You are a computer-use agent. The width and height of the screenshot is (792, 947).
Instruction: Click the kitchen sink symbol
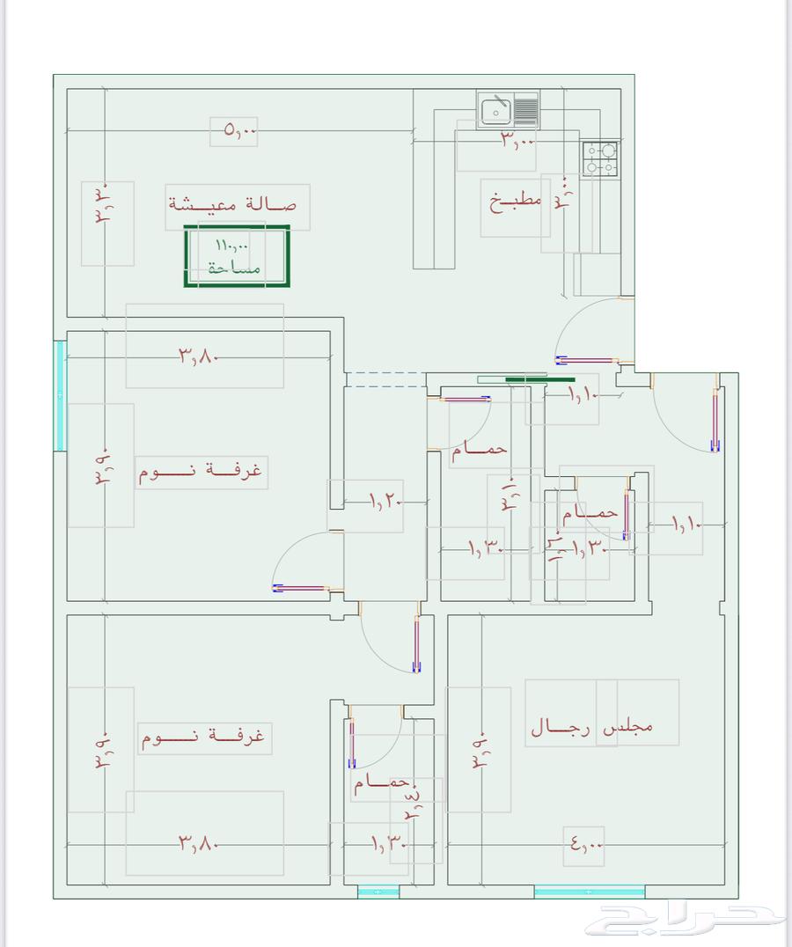tap(496, 111)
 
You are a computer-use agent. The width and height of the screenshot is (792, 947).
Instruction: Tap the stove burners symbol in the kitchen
tap(602, 159)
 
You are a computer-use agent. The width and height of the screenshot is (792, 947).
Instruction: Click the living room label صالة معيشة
tap(232, 204)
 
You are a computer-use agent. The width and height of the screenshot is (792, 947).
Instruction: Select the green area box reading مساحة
tap(237, 256)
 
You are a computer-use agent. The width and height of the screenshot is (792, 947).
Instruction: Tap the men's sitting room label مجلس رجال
tap(591, 728)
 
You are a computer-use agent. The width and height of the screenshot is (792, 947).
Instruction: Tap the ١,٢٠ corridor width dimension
tap(385, 502)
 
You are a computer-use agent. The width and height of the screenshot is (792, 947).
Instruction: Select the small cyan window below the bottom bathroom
tap(378, 892)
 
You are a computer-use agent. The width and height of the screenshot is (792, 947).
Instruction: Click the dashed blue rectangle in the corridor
tap(385, 379)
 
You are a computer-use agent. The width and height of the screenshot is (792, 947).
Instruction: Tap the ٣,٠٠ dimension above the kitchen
tap(517, 140)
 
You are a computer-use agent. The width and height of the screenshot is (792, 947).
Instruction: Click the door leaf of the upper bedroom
tap(301, 587)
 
